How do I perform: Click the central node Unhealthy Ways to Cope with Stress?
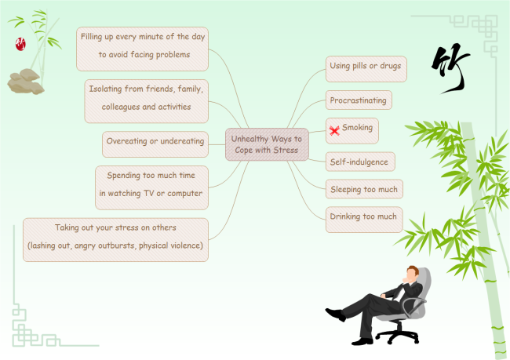click(x=266, y=144)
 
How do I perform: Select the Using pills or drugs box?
click(x=366, y=67)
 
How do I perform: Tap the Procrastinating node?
click(x=359, y=100)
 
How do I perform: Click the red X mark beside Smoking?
click(x=334, y=130)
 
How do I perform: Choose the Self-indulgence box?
click(x=360, y=162)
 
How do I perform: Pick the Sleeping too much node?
click(x=363, y=189)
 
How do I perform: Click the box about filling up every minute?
click(x=144, y=47)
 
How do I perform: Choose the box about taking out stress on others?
click(x=115, y=239)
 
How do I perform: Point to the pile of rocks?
click(x=25, y=80)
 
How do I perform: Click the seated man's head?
click(x=411, y=275)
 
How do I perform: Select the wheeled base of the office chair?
click(x=398, y=335)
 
